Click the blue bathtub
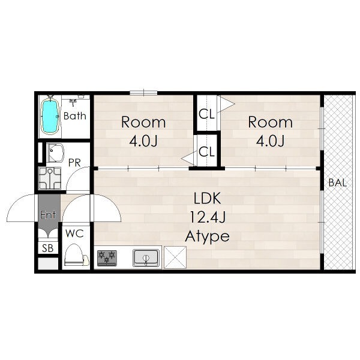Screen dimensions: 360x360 [x=50, y=116]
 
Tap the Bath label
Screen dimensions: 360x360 [x=75, y=116]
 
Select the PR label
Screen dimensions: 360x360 [x=74, y=163]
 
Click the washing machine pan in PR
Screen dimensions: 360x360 [x=50, y=178]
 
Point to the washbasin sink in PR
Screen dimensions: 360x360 [x=55, y=152]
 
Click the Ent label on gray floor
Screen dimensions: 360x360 [x=48, y=215]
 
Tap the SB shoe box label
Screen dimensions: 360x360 [x=48, y=248]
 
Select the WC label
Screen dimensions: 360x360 [x=74, y=233]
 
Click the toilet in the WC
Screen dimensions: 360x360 [x=76, y=255]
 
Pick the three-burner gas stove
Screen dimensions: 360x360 [x=107, y=258]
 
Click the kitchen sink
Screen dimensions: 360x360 [x=146, y=258]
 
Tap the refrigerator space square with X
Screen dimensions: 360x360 [x=175, y=257]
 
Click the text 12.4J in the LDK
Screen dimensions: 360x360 [x=208, y=217]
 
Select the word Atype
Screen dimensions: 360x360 [x=208, y=236]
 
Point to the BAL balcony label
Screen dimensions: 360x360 [x=337, y=183]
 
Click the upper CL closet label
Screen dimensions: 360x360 [x=206, y=114]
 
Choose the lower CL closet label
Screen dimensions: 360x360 [x=206, y=152]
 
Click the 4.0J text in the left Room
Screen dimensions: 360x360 [x=143, y=141]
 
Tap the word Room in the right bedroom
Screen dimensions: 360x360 [x=271, y=122]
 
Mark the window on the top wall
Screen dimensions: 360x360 [x=143, y=93]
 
